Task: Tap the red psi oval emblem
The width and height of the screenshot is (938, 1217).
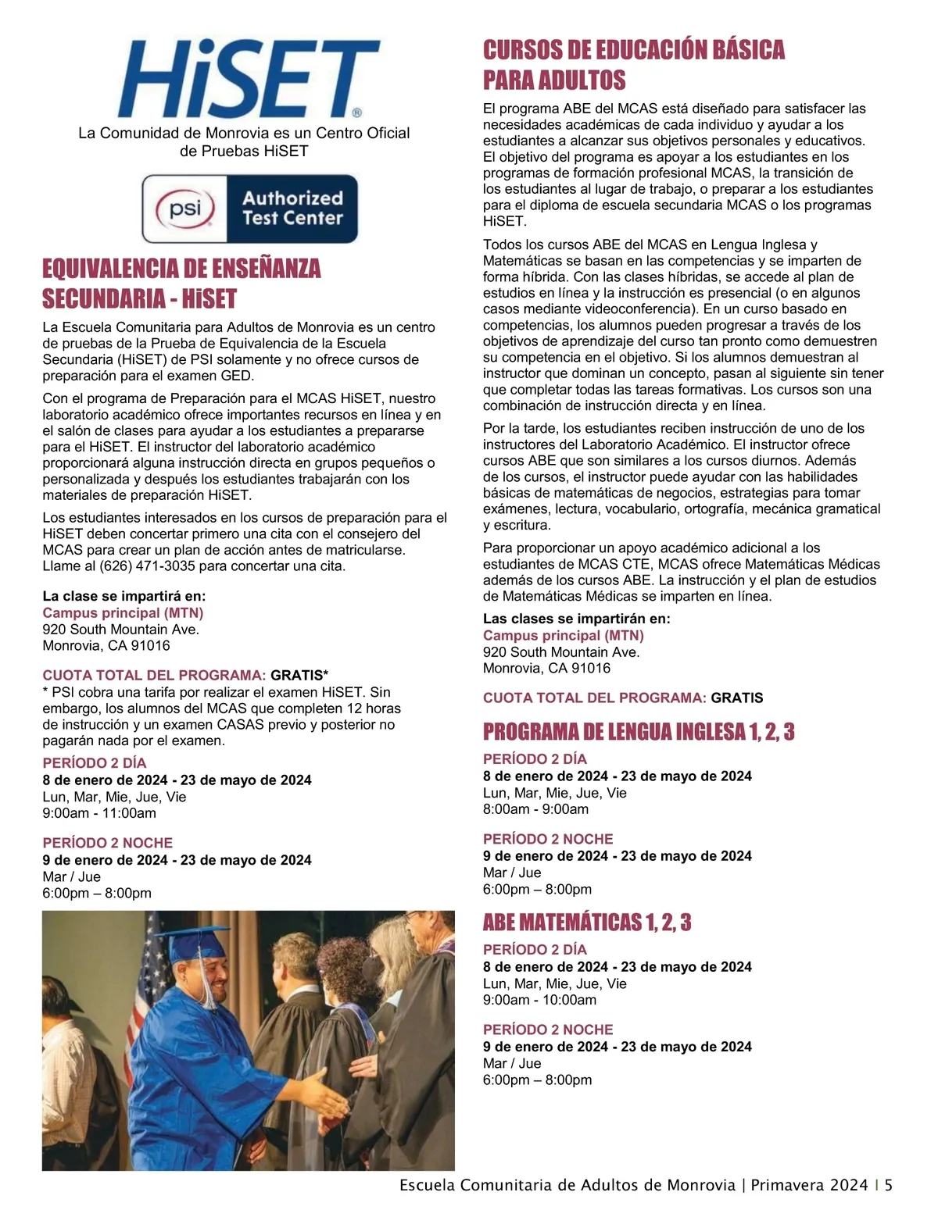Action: [185, 209]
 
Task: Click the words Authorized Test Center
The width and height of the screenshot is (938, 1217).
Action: [292, 209]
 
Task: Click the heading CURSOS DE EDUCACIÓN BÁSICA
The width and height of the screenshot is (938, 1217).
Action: [634, 51]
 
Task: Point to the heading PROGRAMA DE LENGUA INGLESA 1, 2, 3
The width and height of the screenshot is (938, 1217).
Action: [639, 732]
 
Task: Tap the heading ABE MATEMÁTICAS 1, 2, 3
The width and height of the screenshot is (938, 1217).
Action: [587, 923]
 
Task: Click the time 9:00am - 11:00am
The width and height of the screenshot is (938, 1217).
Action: [99, 813]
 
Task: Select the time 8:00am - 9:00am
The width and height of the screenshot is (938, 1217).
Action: [535, 809]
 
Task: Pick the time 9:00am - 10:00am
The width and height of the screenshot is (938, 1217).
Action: [539, 1000]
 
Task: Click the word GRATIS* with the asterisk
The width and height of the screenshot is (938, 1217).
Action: [299, 675]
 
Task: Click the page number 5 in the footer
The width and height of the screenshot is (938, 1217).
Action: [889, 1185]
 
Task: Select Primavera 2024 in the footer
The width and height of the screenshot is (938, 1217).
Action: [809, 1185]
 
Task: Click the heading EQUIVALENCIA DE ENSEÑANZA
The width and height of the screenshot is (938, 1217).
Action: [181, 269]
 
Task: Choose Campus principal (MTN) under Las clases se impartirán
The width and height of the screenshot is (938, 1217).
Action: [563, 636]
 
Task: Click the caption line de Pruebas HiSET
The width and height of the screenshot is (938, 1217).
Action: [244, 151]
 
